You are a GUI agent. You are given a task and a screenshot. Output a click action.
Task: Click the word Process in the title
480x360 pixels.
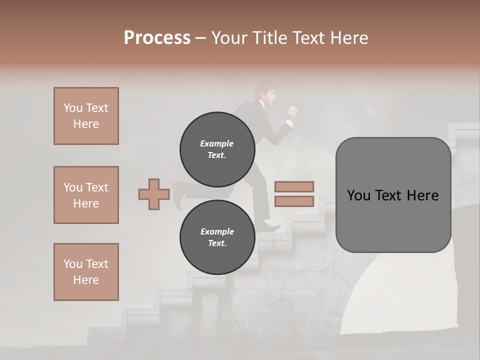157,38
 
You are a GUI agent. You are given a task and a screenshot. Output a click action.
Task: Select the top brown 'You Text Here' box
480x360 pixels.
86,116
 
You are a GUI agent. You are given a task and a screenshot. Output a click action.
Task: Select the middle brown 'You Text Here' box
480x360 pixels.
86,195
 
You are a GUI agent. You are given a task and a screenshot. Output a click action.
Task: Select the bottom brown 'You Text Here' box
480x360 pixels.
86,272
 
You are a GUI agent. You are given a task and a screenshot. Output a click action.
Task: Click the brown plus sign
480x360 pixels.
154,194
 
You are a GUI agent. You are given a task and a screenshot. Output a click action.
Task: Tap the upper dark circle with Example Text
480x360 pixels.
217,149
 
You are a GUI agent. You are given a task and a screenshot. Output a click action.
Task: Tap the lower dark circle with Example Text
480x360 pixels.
217,237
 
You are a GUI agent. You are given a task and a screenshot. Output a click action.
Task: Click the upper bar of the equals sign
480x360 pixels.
294,187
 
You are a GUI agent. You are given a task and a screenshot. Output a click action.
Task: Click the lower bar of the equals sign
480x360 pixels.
294,201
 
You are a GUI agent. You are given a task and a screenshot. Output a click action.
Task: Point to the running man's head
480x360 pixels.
264,93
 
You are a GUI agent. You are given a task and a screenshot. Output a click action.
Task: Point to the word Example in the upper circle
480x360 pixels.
216,143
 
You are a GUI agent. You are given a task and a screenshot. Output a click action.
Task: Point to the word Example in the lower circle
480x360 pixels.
217,231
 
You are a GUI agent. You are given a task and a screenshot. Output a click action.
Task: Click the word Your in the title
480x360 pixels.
229,38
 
